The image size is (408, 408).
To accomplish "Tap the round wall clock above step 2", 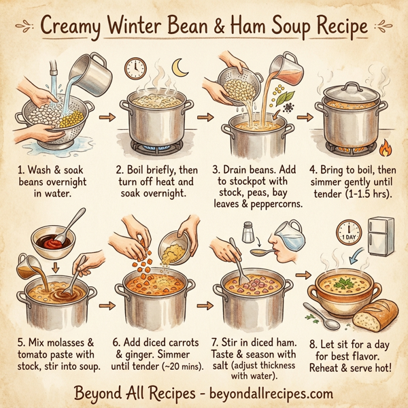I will pyautogui.click(x=135, y=69).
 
